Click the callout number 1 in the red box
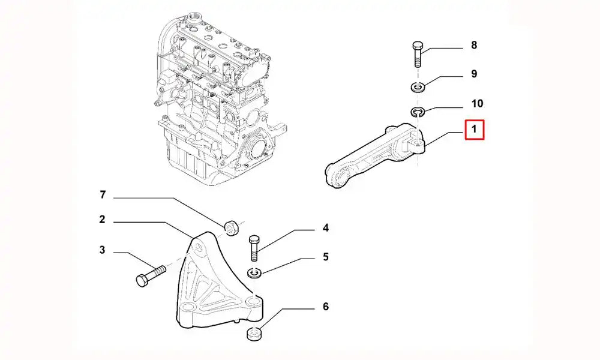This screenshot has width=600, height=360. tap(474, 129)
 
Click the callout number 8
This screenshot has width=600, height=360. tap(474, 45)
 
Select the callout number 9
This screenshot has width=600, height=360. tap(474, 74)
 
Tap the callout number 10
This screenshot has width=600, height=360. tap(477, 103)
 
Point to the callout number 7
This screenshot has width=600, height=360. tap(103, 195)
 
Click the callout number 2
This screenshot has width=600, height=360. tap(103, 220)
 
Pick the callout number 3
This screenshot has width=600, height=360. tap(103, 250)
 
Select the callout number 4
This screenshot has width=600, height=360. tap(326, 228)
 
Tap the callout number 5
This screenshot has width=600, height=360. tap(326, 257)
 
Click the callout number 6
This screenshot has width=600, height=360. tap(326, 307)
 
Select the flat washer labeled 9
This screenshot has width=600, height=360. tap(419, 88)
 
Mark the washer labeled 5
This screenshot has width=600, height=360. tap(254, 274)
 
